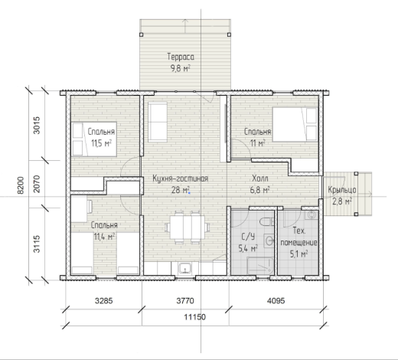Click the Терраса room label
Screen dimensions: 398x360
pyautogui.click(x=181, y=57)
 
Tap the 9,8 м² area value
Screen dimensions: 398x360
pyautogui.click(x=181, y=68)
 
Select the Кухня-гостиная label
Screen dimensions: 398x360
pyautogui.click(x=181, y=178)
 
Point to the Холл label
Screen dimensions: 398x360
pyautogui.click(x=260, y=178)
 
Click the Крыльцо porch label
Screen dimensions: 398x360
pyautogui.click(x=342, y=190)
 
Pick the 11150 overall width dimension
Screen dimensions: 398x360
pyautogui.click(x=195, y=317)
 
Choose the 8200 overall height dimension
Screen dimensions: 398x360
pyautogui.click(x=21, y=185)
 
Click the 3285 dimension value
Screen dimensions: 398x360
pyautogui.click(x=104, y=301)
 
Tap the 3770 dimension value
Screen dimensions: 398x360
pyautogui.click(x=185, y=301)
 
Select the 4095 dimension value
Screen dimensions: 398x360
pyautogui.click(x=276, y=301)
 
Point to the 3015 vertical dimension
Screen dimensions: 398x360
pyautogui.click(x=37, y=125)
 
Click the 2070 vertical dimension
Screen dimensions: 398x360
pyautogui.click(x=37, y=184)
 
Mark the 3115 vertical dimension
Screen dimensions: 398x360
pyautogui.click(x=37, y=244)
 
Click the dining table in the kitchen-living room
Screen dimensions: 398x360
pyautogui.click(x=188, y=227)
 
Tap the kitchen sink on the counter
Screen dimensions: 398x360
pyautogui.click(x=185, y=268)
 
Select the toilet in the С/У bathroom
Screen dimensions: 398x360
pyautogui.click(x=267, y=221)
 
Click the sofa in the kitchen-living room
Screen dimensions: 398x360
pyautogui.click(x=158, y=122)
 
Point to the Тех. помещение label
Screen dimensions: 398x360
pyautogui.click(x=298, y=237)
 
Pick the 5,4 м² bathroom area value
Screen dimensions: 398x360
pyautogui.click(x=248, y=248)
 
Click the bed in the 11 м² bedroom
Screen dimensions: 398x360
pyautogui.click(x=295, y=124)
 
